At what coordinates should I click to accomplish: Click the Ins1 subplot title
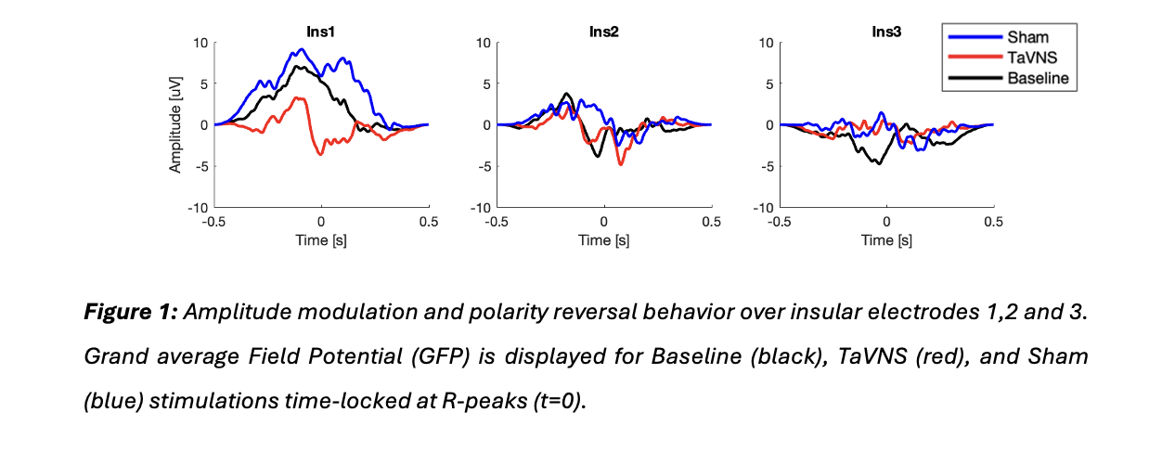pyautogui.click(x=321, y=32)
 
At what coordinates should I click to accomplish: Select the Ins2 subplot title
pyautogui.click(x=604, y=32)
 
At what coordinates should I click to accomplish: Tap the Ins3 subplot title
pyautogui.click(x=887, y=32)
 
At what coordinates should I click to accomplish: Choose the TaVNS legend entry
pyautogui.click(x=1029, y=58)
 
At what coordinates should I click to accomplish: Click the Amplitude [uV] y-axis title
pyautogui.click(x=174, y=124)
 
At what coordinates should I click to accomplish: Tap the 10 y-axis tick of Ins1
pyautogui.click(x=200, y=43)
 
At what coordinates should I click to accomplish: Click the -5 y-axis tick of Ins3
pyautogui.click(x=767, y=166)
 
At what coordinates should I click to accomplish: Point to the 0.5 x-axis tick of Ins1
pyautogui.click(x=429, y=223)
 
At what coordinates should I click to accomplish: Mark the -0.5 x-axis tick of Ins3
pyautogui.click(x=780, y=223)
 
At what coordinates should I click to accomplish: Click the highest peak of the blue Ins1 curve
pyautogui.click(x=302, y=49)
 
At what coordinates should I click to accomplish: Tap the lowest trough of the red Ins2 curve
pyautogui.click(x=620, y=164)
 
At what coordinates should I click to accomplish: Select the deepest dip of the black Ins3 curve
pyautogui.click(x=879, y=163)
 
